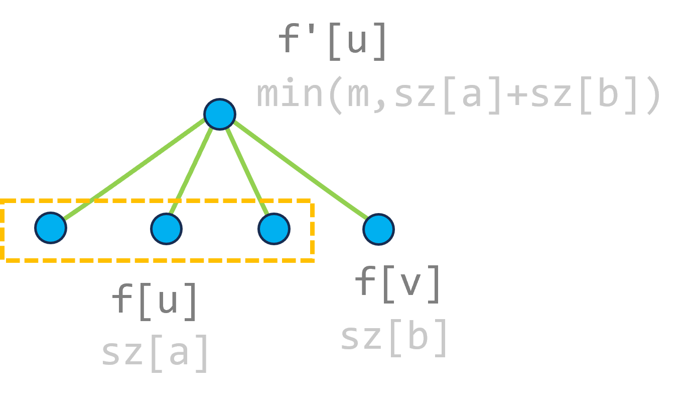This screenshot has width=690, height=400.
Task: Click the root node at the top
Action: (x=219, y=114)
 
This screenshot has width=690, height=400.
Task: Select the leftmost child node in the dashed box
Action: (x=51, y=228)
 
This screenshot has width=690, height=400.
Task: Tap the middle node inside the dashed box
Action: (x=166, y=229)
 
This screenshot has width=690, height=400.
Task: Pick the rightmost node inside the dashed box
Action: (x=273, y=229)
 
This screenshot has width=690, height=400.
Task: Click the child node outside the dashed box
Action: (x=378, y=230)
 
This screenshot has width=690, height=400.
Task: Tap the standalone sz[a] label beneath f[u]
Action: (x=155, y=352)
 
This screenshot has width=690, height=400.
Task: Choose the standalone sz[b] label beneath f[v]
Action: (x=394, y=337)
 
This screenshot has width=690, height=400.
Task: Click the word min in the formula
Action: (x=290, y=94)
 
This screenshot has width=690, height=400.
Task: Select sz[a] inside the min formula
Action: (x=448, y=94)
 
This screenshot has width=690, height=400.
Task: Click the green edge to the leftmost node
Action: (x=135, y=169)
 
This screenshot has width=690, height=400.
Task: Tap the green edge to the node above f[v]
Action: (x=301, y=173)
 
